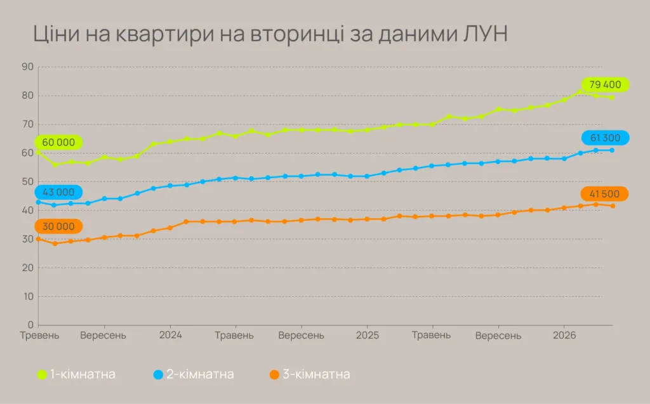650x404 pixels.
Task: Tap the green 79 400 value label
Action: (605, 84)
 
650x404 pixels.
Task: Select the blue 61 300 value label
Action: (605, 138)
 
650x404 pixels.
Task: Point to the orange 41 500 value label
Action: (605, 193)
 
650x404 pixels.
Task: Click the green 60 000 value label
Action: (59, 142)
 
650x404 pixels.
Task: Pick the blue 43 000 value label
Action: (59, 192)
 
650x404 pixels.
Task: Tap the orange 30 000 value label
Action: (59, 226)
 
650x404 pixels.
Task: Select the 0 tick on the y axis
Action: (30, 325)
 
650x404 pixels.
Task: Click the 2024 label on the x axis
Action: (170, 335)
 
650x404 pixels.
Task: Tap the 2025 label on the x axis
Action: (367, 335)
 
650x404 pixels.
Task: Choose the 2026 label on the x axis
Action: (564, 335)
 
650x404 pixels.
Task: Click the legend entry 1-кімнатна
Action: (82, 374)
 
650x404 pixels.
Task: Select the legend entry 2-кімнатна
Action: (199, 374)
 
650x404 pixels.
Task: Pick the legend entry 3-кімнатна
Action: (315, 374)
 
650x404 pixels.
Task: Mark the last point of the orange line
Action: (613, 205)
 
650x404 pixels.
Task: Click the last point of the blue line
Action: (612, 150)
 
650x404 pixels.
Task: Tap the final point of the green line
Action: (612, 97)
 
